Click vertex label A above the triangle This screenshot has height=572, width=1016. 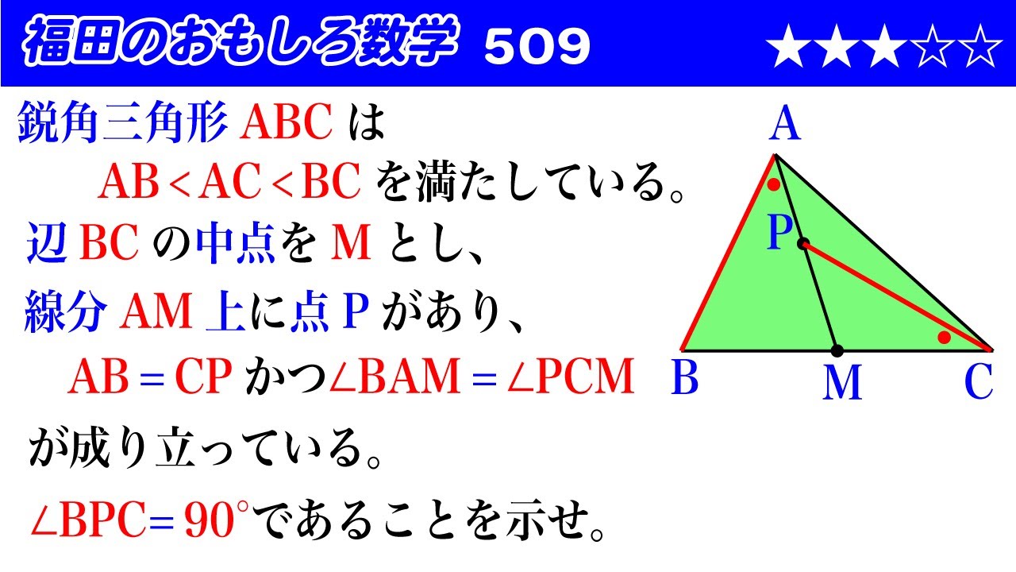(784, 125)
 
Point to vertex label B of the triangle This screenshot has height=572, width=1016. (684, 379)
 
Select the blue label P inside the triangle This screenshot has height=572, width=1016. (780, 234)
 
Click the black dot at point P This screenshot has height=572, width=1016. (803, 244)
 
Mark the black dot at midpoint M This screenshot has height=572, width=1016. (837, 350)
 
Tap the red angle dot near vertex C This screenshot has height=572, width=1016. (944, 338)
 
